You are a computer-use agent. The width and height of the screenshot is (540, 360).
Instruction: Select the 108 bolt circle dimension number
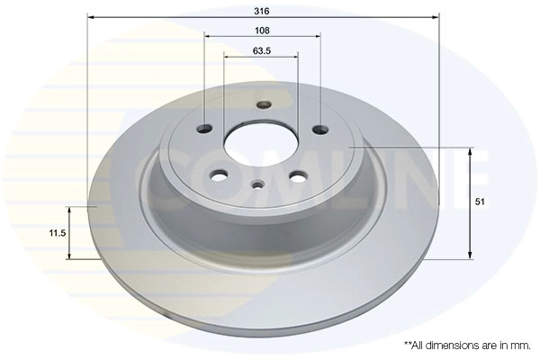[x=262, y=29]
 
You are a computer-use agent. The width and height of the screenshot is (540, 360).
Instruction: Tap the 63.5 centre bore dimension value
[x=262, y=51]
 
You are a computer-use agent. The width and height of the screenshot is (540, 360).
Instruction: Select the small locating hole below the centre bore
[x=257, y=186]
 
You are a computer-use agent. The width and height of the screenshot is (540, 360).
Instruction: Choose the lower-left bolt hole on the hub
[x=220, y=174]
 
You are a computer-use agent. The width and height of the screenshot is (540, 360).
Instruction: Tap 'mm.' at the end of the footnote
[x=520, y=345]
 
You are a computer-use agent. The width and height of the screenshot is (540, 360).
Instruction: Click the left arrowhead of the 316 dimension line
[x=92, y=17]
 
